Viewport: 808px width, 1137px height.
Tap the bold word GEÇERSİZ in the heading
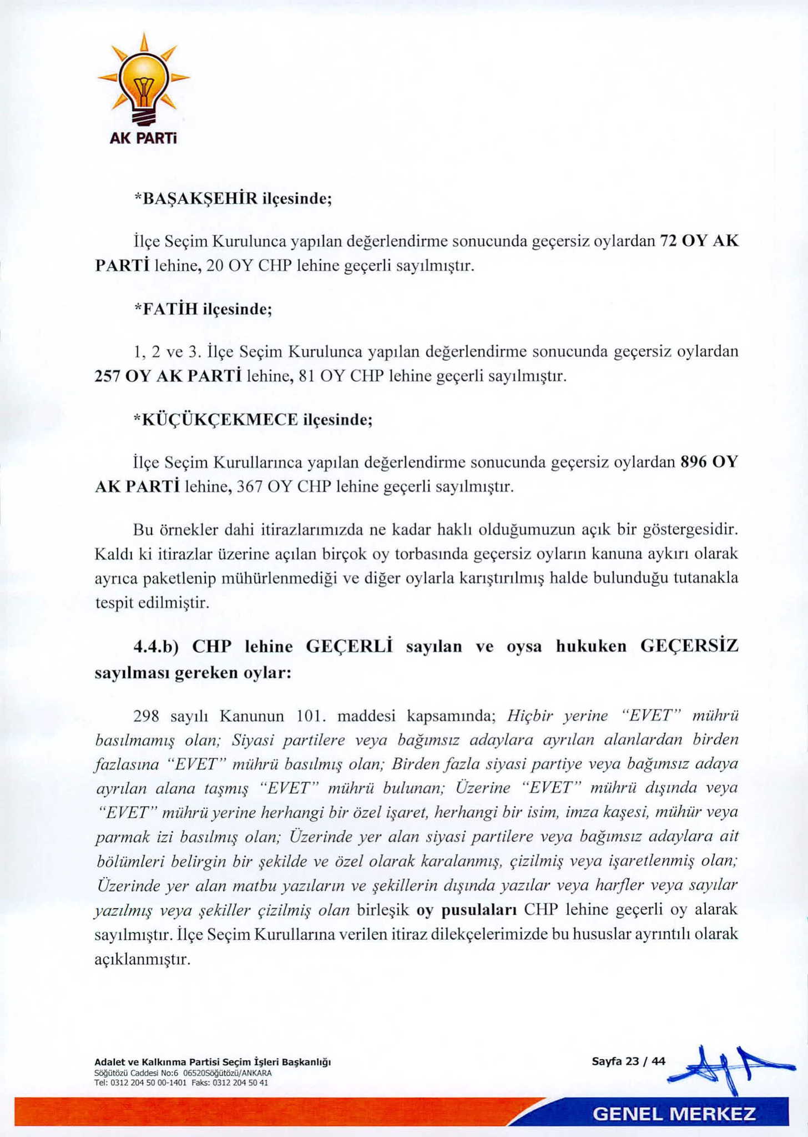click(689, 647)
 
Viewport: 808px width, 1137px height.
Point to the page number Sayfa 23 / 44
click(628, 1061)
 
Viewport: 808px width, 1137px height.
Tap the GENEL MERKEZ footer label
click(674, 1114)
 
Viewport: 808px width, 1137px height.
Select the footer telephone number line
click(181, 1082)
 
